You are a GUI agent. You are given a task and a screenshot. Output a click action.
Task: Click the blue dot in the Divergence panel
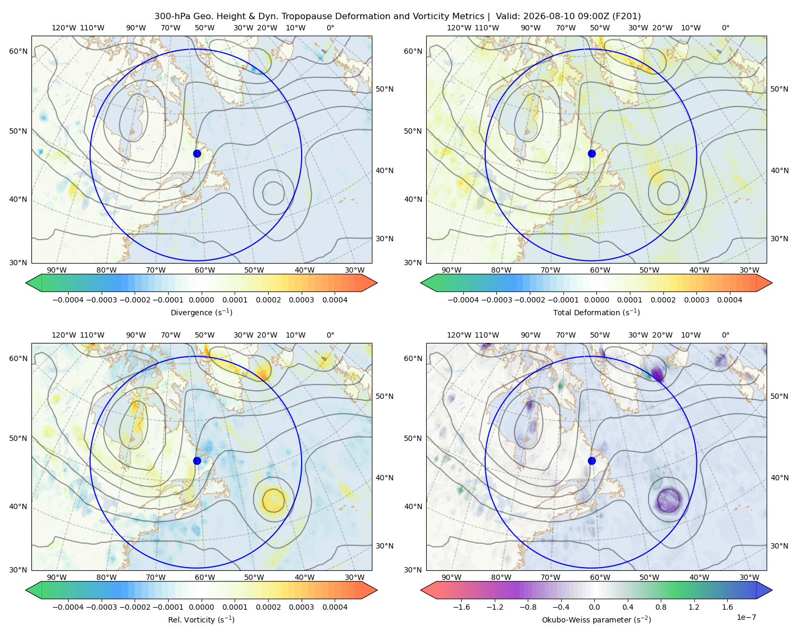[197, 154]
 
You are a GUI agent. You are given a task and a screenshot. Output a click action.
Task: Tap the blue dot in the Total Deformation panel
[592, 154]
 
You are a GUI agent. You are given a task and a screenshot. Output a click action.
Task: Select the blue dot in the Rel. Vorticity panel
[197, 461]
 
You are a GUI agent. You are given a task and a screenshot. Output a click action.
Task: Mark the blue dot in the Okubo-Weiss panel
[592, 461]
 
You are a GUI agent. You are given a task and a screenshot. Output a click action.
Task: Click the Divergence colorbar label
[201, 313]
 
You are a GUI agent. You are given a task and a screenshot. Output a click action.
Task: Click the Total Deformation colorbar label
[596, 313]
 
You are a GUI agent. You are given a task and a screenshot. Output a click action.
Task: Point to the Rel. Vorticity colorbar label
[201, 620]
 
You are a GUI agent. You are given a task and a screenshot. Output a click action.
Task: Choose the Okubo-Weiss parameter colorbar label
[596, 620]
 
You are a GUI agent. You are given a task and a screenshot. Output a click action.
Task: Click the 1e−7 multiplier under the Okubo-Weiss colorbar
[746, 618]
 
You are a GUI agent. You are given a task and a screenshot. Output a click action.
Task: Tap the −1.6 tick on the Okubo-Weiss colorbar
[462, 607]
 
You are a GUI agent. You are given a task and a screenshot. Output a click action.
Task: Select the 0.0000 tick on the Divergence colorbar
[201, 300]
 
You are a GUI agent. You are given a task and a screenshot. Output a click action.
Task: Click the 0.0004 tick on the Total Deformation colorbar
[730, 300]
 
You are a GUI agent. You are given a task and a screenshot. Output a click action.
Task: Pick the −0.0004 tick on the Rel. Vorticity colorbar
[68, 607]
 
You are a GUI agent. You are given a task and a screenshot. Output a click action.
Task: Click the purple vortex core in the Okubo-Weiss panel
[669, 500]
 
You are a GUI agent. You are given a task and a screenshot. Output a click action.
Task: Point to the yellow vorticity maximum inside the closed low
[273, 500]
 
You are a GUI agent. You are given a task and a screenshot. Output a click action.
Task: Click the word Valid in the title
[505, 17]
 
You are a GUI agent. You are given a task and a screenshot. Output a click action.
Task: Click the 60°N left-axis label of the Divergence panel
[18, 51]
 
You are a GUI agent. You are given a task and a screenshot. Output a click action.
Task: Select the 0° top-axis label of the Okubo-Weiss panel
[725, 335]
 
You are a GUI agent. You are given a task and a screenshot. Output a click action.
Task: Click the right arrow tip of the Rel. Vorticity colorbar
[377, 590]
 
